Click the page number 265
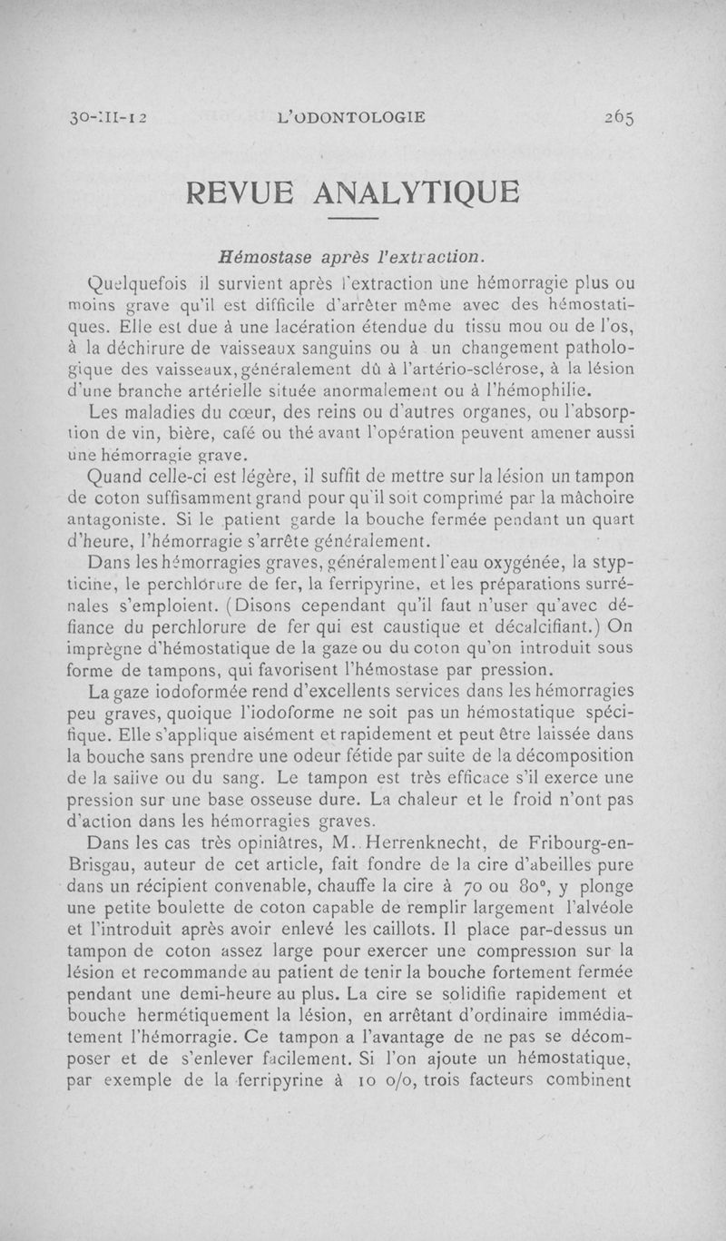click(614, 117)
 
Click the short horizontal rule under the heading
click(351, 220)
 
